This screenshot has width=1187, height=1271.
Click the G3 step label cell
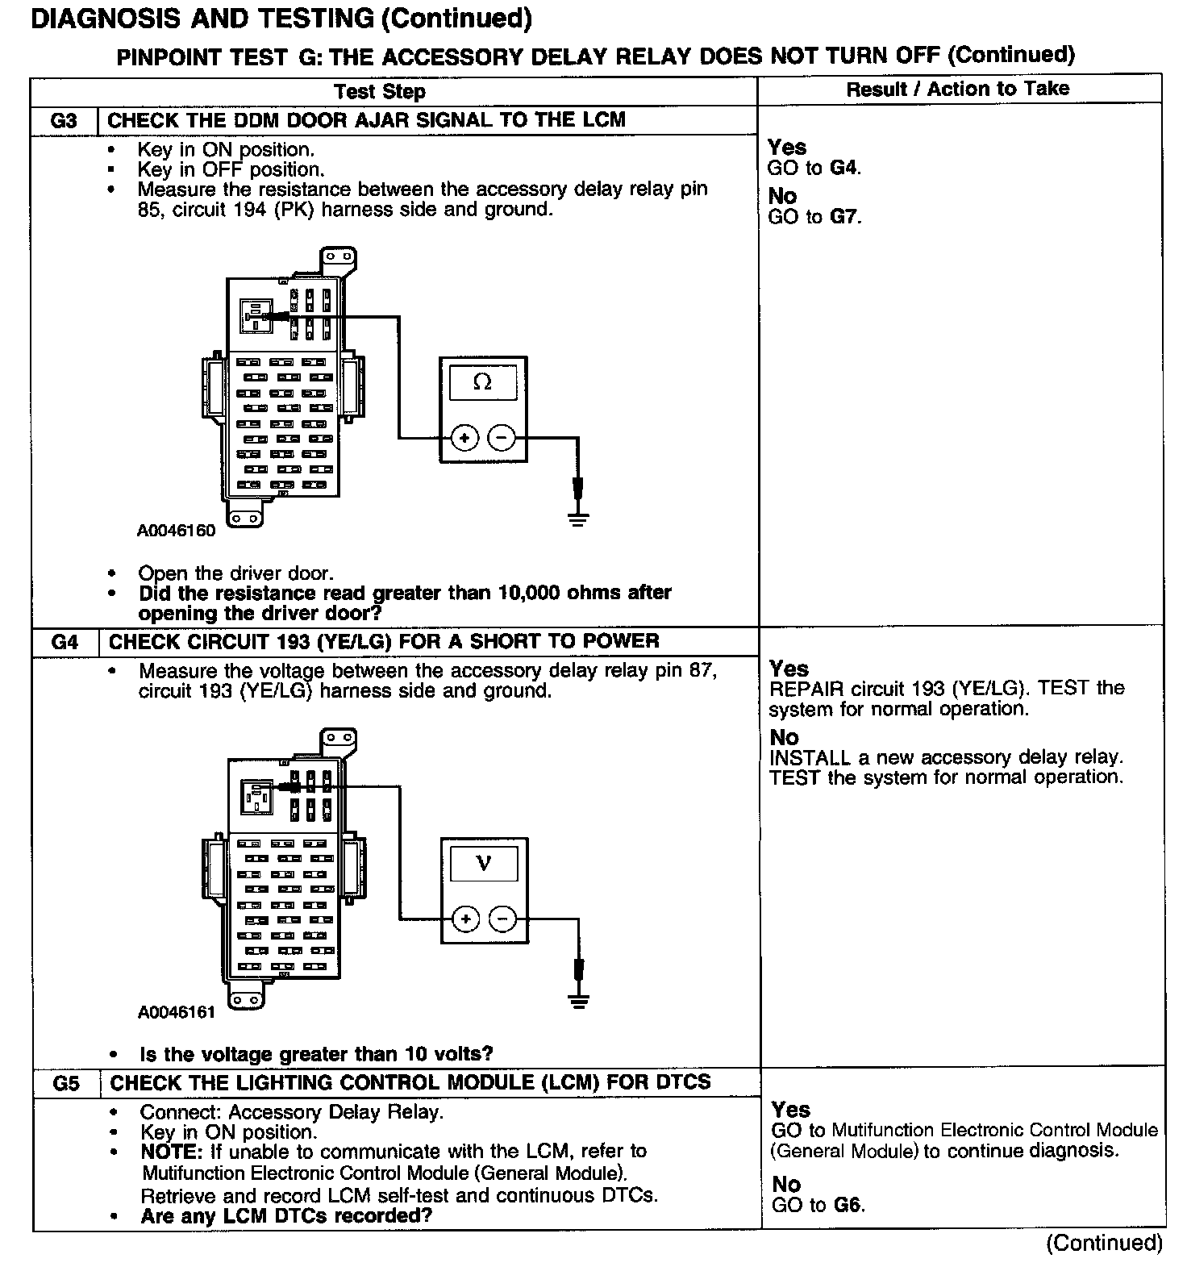click(64, 121)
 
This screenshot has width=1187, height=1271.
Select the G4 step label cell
click(65, 642)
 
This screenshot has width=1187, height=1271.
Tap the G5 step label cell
click(66, 1083)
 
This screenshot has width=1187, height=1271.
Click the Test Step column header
click(380, 91)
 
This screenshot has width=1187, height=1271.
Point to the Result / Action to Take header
click(957, 90)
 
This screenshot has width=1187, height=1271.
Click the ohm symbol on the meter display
click(482, 381)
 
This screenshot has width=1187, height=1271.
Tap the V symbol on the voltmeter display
click(484, 864)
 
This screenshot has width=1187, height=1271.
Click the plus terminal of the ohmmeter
click(464, 438)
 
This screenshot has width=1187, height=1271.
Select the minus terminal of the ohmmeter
click(502, 438)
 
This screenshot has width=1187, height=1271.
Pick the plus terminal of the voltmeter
click(465, 919)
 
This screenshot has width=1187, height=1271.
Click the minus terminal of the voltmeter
click(503, 919)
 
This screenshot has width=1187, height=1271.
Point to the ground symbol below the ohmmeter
click(577, 516)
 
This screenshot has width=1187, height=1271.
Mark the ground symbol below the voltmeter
click(577, 1000)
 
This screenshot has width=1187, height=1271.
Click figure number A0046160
click(176, 531)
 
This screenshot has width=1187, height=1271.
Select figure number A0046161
click(177, 1012)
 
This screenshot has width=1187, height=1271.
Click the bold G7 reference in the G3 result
click(843, 217)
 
